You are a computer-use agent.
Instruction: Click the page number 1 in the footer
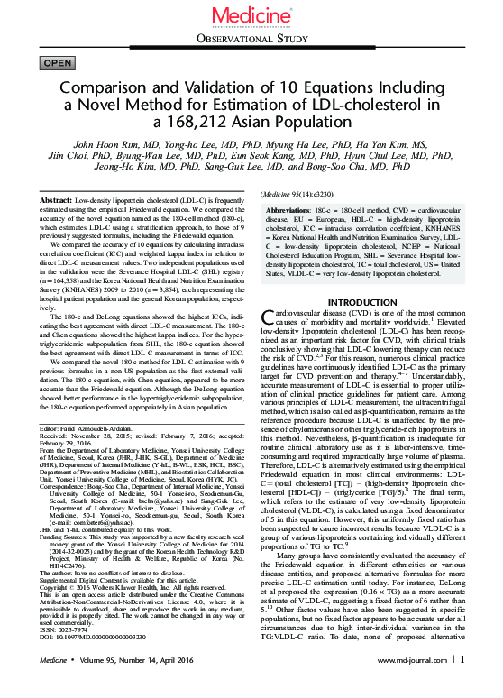coord(462,685)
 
